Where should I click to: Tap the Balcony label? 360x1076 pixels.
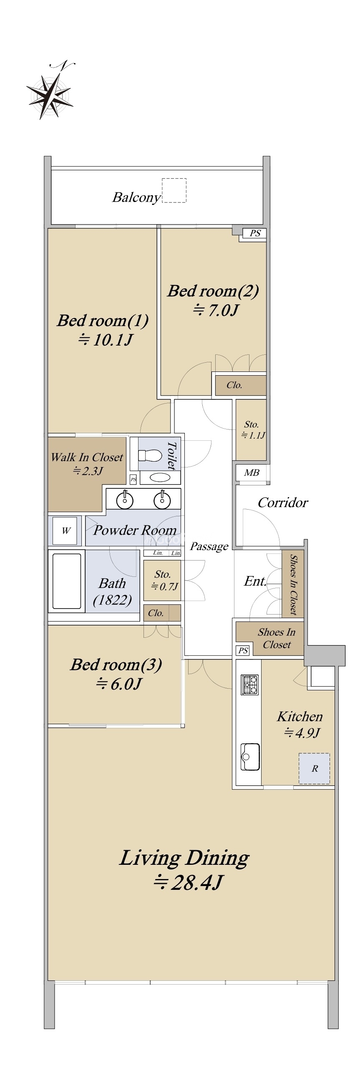click(136, 197)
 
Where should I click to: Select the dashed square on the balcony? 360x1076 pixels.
click(174, 190)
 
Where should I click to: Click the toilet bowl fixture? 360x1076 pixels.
click(150, 455)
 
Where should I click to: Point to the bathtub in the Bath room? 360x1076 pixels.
click(67, 581)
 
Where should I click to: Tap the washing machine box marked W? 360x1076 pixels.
click(65, 531)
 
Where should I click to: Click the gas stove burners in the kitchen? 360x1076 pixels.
click(250, 685)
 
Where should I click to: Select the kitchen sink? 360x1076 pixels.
click(250, 756)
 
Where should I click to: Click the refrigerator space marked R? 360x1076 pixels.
click(314, 768)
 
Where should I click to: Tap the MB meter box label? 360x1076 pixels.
click(252, 473)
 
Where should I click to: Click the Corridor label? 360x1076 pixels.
click(283, 503)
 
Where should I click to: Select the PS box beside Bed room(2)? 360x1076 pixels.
click(254, 233)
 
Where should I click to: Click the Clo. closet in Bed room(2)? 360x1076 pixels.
click(241, 385)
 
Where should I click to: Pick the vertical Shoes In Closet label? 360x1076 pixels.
click(293, 585)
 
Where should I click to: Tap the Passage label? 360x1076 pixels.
click(209, 547)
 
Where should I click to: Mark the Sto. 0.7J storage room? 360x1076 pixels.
click(162, 580)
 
